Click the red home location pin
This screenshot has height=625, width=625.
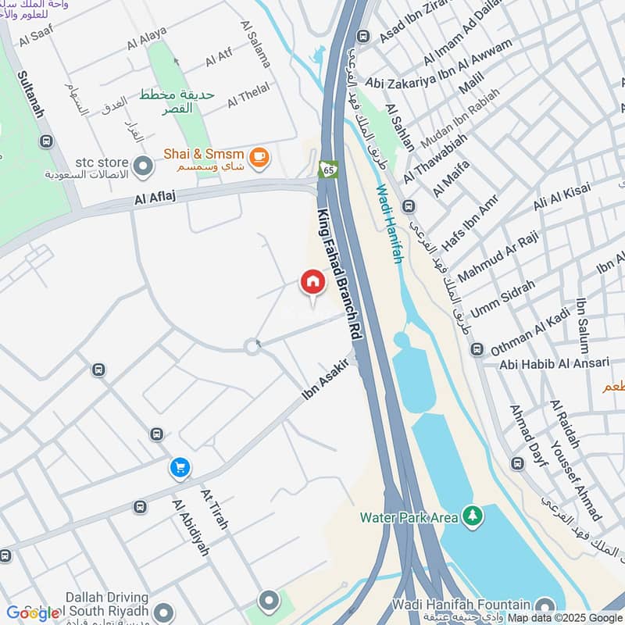(312, 283)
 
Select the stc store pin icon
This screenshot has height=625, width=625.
(143, 166)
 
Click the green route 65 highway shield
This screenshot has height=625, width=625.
(327, 169)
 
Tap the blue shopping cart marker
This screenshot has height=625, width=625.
(180, 468)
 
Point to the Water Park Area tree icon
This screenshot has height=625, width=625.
(472, 516)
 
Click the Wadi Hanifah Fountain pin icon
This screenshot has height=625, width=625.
(545, 604)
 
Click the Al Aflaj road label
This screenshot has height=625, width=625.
(152, 201)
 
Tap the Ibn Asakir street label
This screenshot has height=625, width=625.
(324, 380)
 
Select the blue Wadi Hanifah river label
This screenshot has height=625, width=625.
(390, 223)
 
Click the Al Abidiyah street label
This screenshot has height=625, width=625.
(191, 527)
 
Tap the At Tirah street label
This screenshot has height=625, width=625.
(214, 509)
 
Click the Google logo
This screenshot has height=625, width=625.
(33, 612)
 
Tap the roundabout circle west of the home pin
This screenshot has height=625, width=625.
(252, 346)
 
